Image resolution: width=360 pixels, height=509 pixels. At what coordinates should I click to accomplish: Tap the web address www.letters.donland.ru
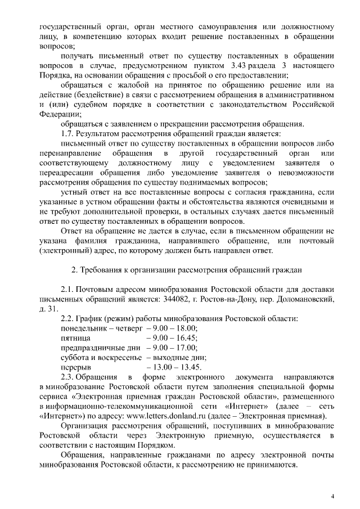(x=178, y=416)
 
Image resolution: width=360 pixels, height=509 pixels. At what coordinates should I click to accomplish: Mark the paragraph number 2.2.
(x=69, y=319)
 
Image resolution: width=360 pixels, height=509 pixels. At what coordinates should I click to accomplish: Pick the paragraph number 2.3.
(x=69, y=376)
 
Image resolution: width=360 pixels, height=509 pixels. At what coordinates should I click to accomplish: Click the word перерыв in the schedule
(x=75, y=367)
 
